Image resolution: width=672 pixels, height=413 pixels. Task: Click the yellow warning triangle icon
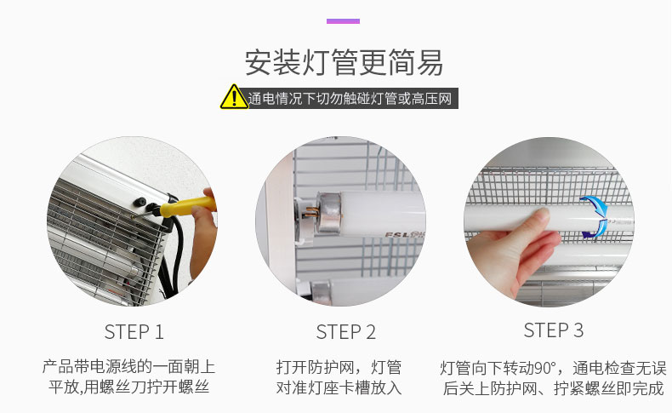(x=234, y=97)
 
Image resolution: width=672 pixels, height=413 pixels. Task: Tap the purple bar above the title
(x=343, y=21)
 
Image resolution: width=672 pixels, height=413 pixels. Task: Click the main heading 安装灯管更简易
(x=344, y=63)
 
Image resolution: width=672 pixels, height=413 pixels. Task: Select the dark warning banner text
(x=350, y=99)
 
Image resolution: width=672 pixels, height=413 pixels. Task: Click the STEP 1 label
(x=134, y=332)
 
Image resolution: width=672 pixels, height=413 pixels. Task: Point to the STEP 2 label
(x=346, y=332)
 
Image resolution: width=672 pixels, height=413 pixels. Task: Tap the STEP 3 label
(x=553, y=330)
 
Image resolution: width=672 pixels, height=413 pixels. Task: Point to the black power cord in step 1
(x=174, y=257)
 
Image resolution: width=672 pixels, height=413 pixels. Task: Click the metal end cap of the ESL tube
(x=328, y=213)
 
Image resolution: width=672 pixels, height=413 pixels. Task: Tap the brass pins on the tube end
(x=311, y=212)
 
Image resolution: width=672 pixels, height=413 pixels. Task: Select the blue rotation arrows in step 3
(x=595, y=217)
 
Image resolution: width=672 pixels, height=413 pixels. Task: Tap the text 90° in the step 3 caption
(x=544, y=368)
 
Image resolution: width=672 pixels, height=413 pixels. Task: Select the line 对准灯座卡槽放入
(x=339, y=387)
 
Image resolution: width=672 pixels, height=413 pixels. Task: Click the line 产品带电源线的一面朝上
(x=128, y=367)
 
